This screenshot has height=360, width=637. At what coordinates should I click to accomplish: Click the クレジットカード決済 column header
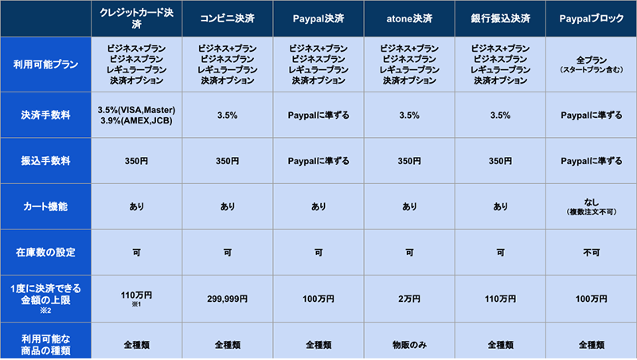136,18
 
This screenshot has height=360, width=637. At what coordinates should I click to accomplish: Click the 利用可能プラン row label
45,65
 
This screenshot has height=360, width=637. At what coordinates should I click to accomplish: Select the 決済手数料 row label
45,115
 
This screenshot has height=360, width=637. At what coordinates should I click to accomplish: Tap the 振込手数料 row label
45,161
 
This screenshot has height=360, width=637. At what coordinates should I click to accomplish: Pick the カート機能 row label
45,206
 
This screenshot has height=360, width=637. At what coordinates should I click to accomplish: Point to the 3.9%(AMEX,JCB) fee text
136,121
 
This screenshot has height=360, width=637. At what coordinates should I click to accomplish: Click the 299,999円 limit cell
227,300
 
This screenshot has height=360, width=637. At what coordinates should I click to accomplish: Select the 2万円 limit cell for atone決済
409,300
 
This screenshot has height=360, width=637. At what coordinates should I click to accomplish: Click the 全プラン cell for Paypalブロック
591,60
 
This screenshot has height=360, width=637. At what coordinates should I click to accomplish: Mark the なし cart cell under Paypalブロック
591,203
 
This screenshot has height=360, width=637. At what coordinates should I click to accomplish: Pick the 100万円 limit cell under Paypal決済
318,300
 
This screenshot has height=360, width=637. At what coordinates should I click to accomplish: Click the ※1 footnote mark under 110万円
136,305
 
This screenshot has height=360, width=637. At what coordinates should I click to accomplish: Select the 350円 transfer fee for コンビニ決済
227,161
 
